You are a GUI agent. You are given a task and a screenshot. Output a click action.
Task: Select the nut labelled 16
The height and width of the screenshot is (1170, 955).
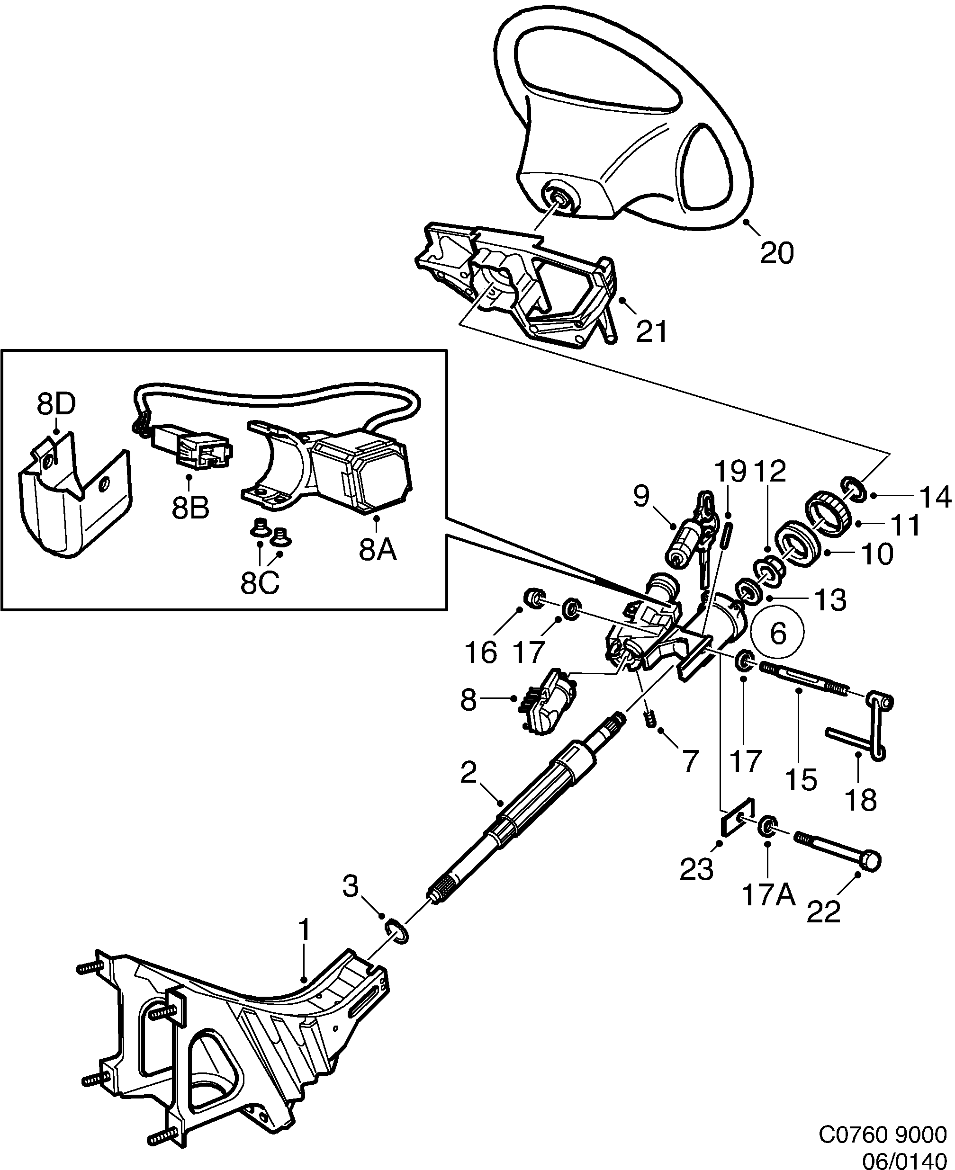(533, 598)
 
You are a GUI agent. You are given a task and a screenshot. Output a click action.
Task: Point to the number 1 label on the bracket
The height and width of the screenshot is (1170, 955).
(304, 930)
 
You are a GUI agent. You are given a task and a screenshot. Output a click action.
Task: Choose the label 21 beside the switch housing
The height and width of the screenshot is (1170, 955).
(651, 331)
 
